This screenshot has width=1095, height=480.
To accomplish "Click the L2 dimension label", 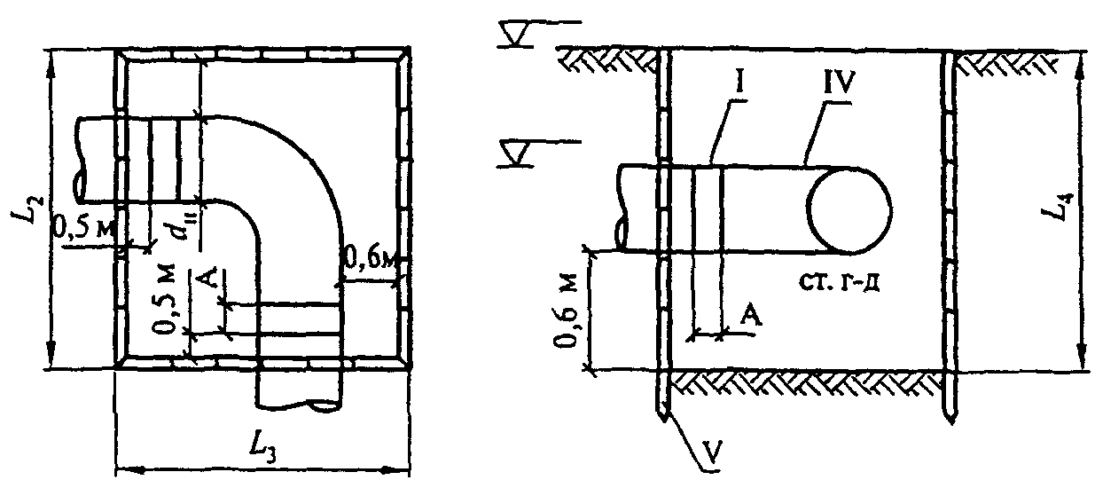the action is [x=27, y=209].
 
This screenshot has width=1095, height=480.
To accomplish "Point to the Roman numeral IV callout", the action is [x=840, y=83].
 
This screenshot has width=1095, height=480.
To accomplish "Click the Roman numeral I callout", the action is [x=740, y=83].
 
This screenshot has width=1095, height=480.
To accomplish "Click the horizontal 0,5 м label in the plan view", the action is [x=83, y=228].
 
